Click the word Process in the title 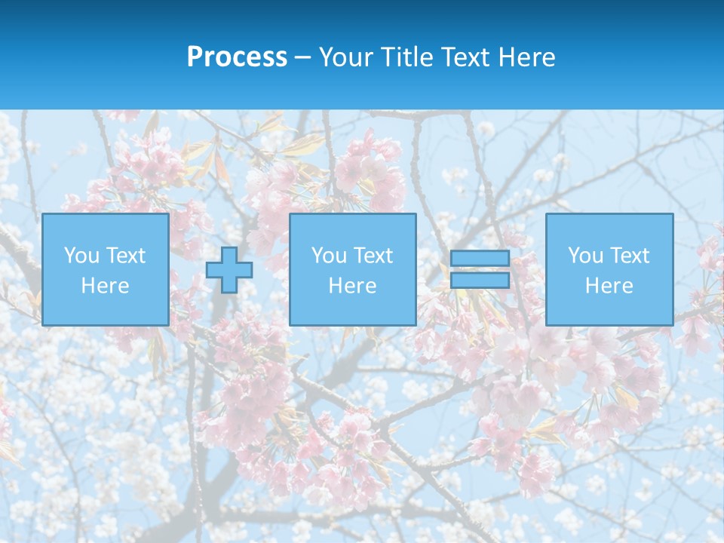tap(237, 57)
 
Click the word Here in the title tap(526, 57)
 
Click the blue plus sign tap(229, 270)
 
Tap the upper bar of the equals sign tap(480, 258)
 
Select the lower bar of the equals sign tap(480, 281)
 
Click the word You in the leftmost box tap(81, 256)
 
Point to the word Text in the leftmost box tap(125, 256)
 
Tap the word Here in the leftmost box tap(105, 286)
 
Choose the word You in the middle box tap(329, 256)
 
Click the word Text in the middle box tap(373, 256)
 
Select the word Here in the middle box tap(352, 286)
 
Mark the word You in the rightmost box tap(585, 256)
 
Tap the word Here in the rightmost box tap(609, 286)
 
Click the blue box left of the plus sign tap(105, 309)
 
